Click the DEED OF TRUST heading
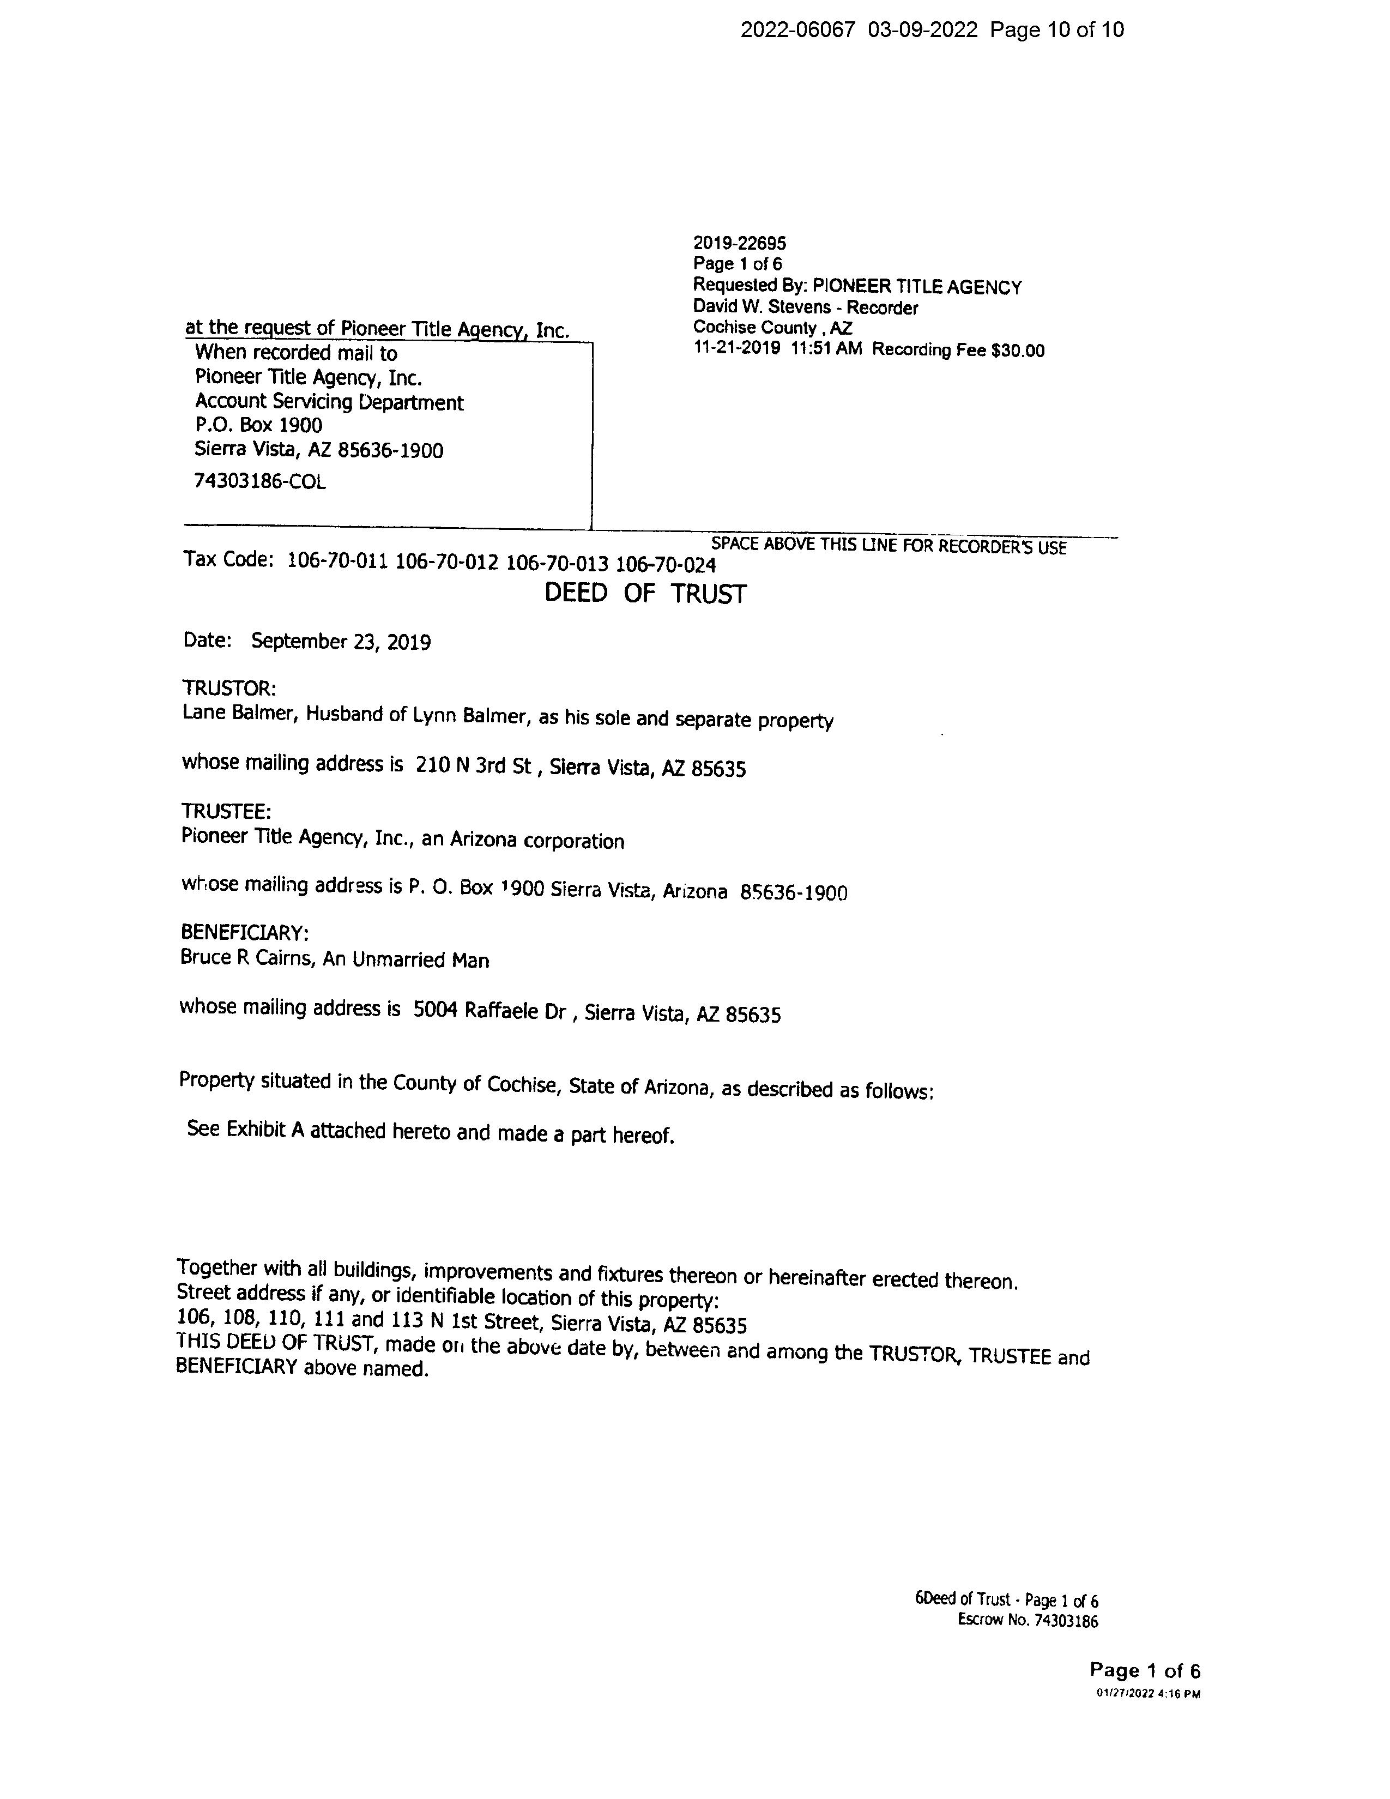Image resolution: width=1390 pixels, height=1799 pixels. pos(645,594)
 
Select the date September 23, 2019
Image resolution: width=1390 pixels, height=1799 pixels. pos(340,642)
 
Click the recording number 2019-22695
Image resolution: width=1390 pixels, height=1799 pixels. pos(740,243)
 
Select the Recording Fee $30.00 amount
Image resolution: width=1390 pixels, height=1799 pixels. pos(958,350)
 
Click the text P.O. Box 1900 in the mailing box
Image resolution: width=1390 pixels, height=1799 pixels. pos(258,425)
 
